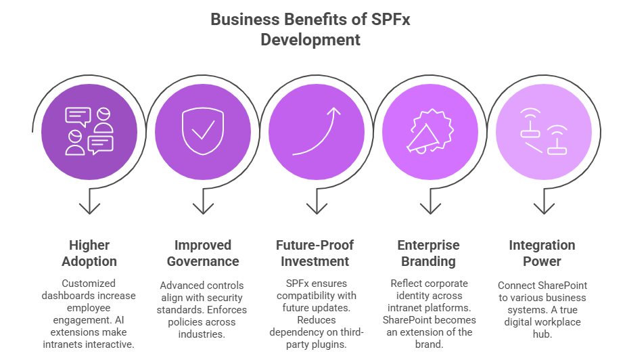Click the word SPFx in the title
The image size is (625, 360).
click(391, 19)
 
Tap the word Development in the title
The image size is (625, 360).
click(310, 40)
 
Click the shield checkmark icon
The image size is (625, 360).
click(203, 131)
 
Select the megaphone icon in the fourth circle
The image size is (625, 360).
click(430, 131)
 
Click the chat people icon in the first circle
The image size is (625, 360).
click(89, 131)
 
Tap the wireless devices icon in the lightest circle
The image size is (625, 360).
click(544, 131)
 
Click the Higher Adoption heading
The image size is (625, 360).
click(89, 253)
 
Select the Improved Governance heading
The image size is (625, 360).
click(203, 253)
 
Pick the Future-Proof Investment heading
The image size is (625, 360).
click(315, 253)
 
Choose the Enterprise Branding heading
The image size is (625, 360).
click(428, 253)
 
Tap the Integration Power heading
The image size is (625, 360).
click(542, 253)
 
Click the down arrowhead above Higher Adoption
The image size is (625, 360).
click(89, 208)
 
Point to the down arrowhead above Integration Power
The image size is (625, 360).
click(544, 208)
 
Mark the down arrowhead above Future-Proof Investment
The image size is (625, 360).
click(317, 208)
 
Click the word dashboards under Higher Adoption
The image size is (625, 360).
click(64, 296)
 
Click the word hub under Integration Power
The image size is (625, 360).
click(542, 334)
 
